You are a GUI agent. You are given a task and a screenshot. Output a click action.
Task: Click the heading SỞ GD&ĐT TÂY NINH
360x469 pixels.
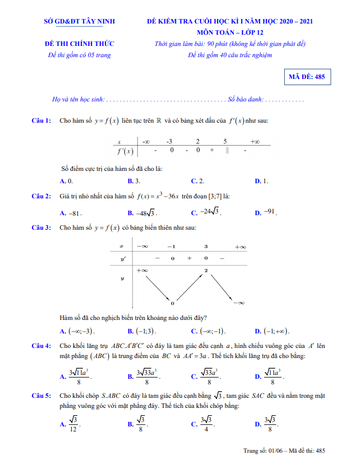[x=79, y=21]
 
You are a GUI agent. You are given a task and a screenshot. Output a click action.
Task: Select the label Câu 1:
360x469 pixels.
[x=41, y=120]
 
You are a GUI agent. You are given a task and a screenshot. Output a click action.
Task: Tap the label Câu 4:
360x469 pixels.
[x=41, y=346]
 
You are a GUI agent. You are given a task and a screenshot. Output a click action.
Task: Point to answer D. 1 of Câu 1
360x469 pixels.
[x=261, y=181]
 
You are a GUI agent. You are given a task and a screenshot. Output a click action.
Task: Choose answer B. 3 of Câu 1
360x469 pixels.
[x=134, y=181]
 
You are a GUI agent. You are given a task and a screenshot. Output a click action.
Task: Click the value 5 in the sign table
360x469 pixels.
[x=225, y=142]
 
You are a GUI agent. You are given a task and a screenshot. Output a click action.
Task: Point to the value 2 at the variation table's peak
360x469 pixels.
[x=206, y=271]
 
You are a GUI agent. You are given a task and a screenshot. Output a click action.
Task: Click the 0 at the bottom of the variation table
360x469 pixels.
[x=172, y=303]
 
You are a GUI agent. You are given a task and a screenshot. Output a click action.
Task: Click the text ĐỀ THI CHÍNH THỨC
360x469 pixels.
[x=79, y=44]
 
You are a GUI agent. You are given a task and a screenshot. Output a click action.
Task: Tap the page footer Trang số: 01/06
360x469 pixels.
[x=285, y=450]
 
